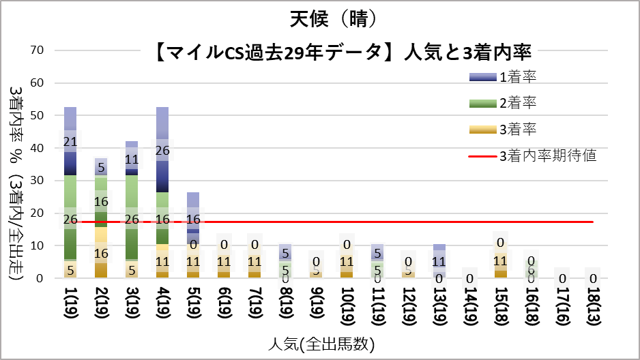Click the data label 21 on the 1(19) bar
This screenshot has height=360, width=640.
click(70, 142)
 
